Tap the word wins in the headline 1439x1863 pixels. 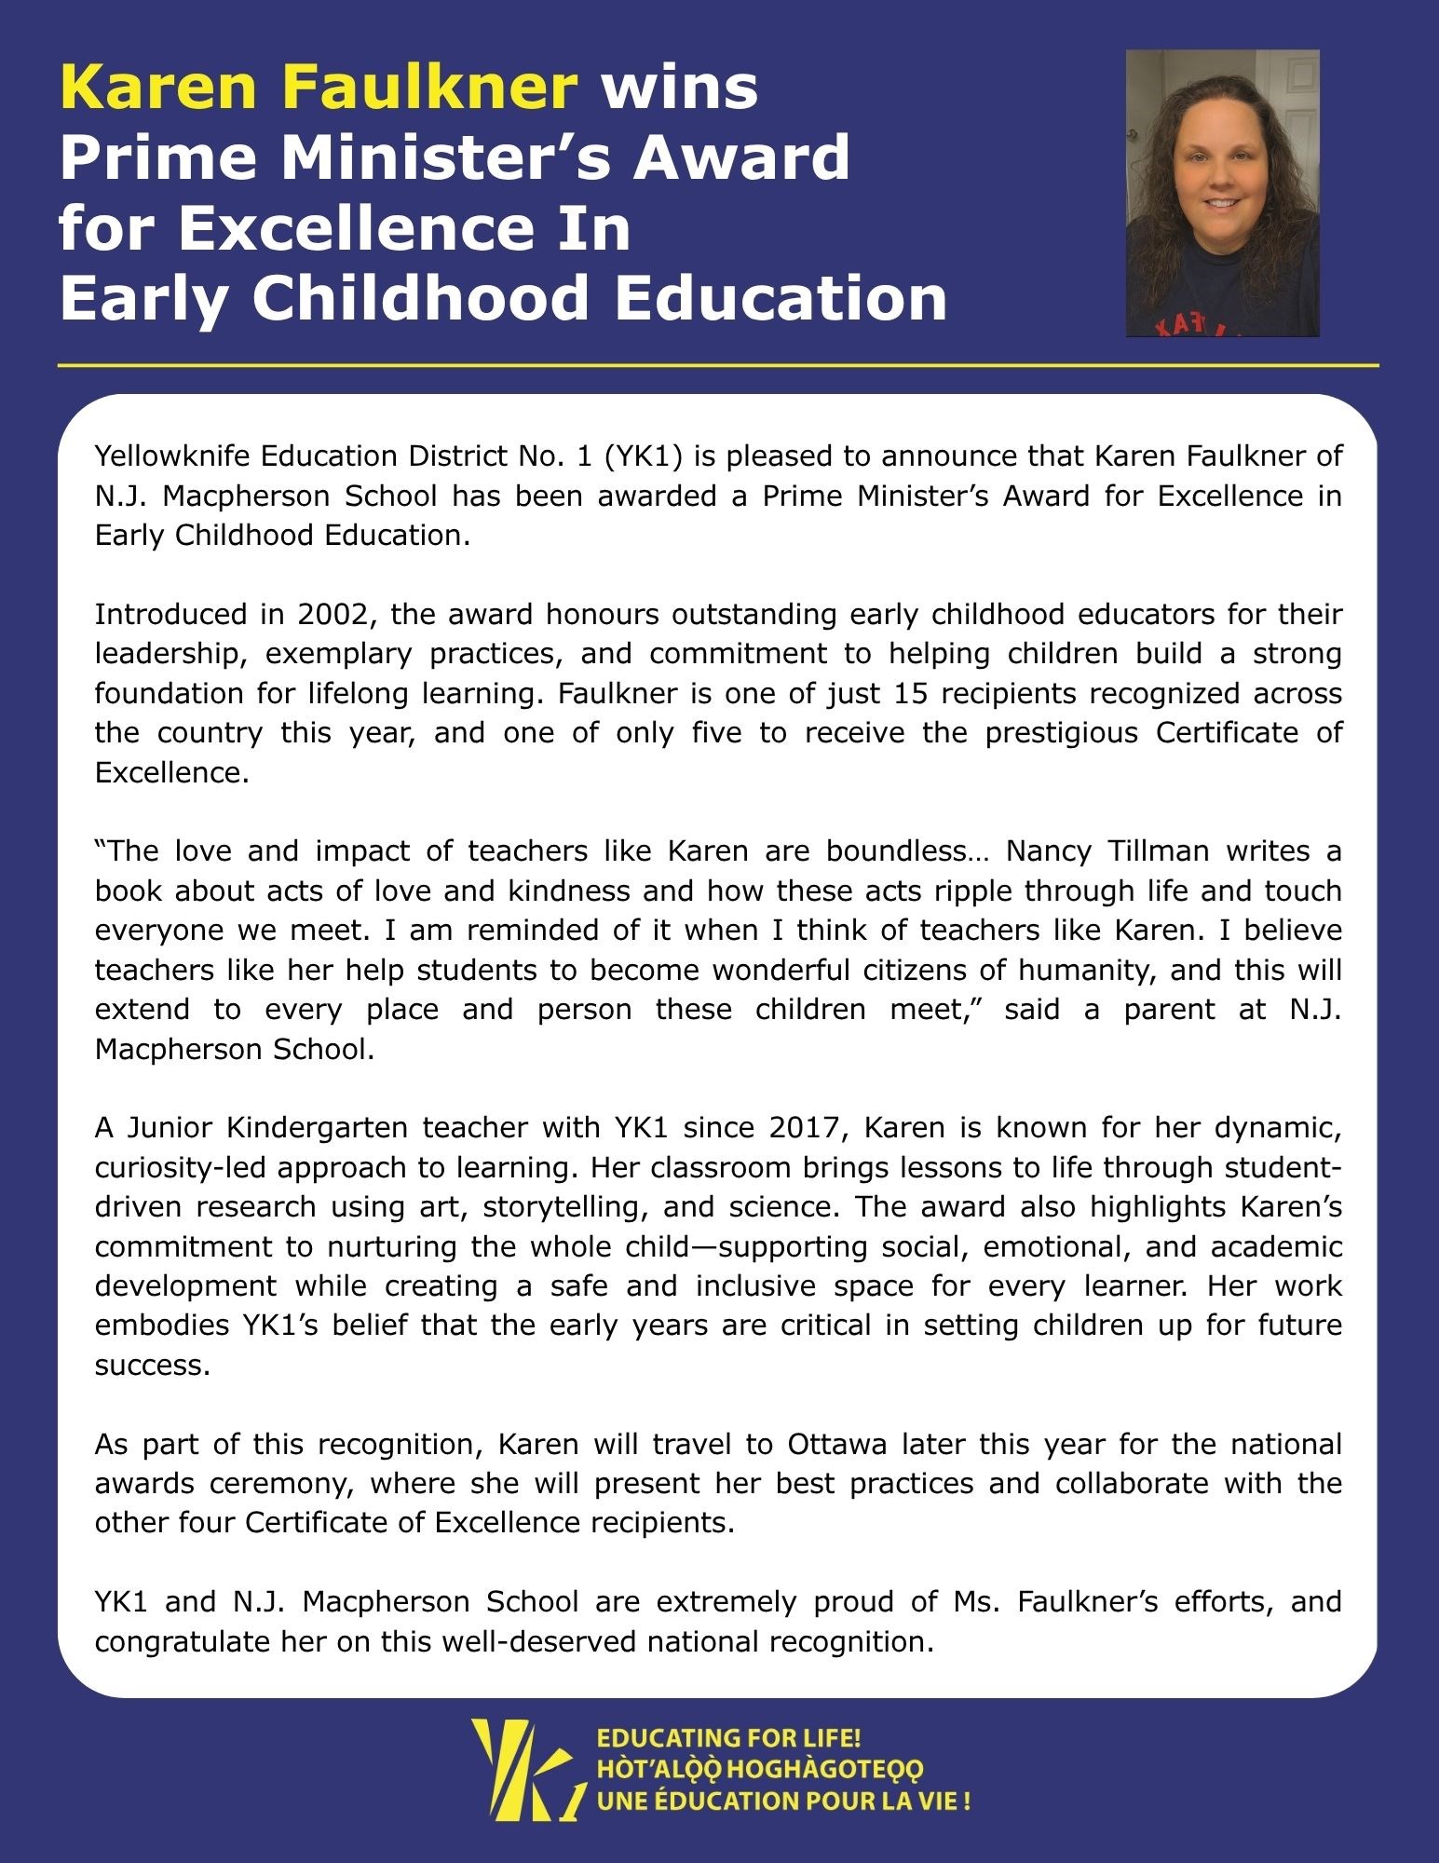[x=679, y=87]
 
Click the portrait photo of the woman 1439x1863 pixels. [x=1222, y=193]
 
